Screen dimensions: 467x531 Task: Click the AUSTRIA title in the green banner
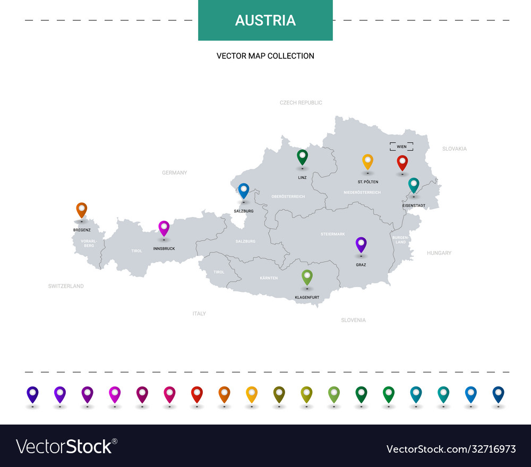coord(265,20)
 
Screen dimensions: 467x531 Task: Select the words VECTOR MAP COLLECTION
coord(265,56)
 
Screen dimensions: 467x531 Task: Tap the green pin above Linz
coord(302,157)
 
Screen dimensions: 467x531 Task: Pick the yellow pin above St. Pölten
coord(367,161)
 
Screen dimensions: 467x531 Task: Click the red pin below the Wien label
coord(402,162)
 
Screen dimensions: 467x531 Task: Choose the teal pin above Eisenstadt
coord(414,184)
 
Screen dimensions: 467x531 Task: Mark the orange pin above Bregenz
coord(81,210)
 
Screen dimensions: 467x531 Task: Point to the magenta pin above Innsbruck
coord(164,228)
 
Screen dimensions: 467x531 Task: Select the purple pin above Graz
coord(361,244)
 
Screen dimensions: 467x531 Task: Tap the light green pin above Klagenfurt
coord(307,276)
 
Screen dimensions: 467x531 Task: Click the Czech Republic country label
coord(301,102)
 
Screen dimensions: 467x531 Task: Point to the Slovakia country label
coord(455,149)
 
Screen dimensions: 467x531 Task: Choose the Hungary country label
coord(439,253)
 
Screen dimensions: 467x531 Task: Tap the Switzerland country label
coord(66,286)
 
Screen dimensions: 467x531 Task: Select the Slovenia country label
coord(353,320)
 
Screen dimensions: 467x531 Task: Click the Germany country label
coord(175,172)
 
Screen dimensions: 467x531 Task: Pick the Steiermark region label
coord(333,234)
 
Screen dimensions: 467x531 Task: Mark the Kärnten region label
coord(269,278)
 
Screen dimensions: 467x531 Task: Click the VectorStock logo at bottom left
coord(66,446)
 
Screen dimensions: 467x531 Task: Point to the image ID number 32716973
coord(451,449)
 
